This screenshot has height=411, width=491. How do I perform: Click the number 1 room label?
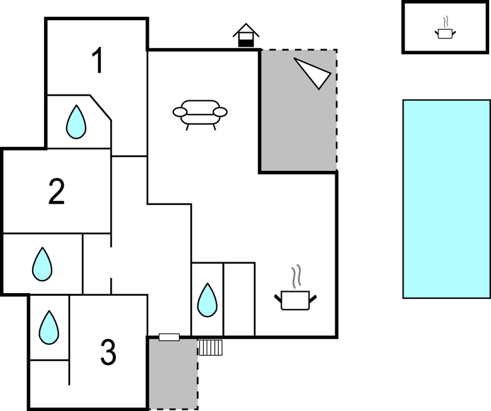pyautogui.click(x=97, y=61)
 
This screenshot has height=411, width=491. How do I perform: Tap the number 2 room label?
pyautogui.click(x=57, y=192)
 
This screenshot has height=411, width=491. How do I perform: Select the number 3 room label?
pyautogui.click(x=108, y=353)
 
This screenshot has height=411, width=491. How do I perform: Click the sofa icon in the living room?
pyautogui.click(x=200, y=114)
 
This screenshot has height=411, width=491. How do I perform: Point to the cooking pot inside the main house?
pyautogui.click(x=295, y=299)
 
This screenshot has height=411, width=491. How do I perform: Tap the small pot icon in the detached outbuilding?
pyautogui.click(x=446, y=32)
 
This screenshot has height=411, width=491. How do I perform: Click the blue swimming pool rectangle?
pyautogui.click(x=446, y=199)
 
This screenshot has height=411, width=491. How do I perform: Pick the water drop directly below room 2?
pyautogui.click(x=42, y=264)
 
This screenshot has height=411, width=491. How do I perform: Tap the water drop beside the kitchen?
pyautogui.click(x=207, y=300)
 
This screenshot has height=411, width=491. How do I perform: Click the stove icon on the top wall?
pyautogui.click(x=246, y=35)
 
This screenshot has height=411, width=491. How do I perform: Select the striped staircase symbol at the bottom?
pyautogui.click(x=211, y=347)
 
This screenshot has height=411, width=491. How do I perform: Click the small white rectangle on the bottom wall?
pyautogui.click(x=169, y=337)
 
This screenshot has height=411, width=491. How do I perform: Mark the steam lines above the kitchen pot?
pyautogui.click(x=296, y=276)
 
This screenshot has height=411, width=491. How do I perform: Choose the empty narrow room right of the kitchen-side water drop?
pyautogui.click(x=239, y=299)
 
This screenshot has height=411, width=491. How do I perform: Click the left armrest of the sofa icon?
pyautogui.click(x=180, y=113)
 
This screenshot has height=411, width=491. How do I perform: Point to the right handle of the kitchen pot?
pyautogui.click(x=312, y=297)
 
